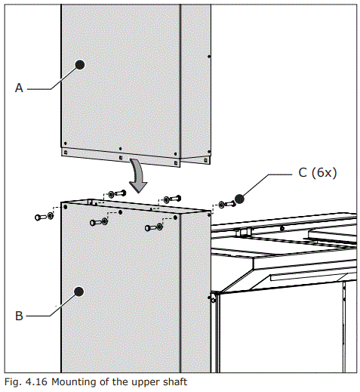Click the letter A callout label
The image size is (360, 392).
tap(20, 88)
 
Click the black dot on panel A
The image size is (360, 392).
tap(79, 66)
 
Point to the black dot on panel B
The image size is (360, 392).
tap(79, 291)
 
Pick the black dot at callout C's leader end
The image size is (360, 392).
tap(240, 199)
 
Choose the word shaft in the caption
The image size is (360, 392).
tap(173, 382)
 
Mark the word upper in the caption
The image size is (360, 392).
tap(142, 382)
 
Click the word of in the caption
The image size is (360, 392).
tap(103, 382)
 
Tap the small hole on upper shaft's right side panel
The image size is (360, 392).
tap(209, 57)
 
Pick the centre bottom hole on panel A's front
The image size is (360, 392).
tap(121, 148)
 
